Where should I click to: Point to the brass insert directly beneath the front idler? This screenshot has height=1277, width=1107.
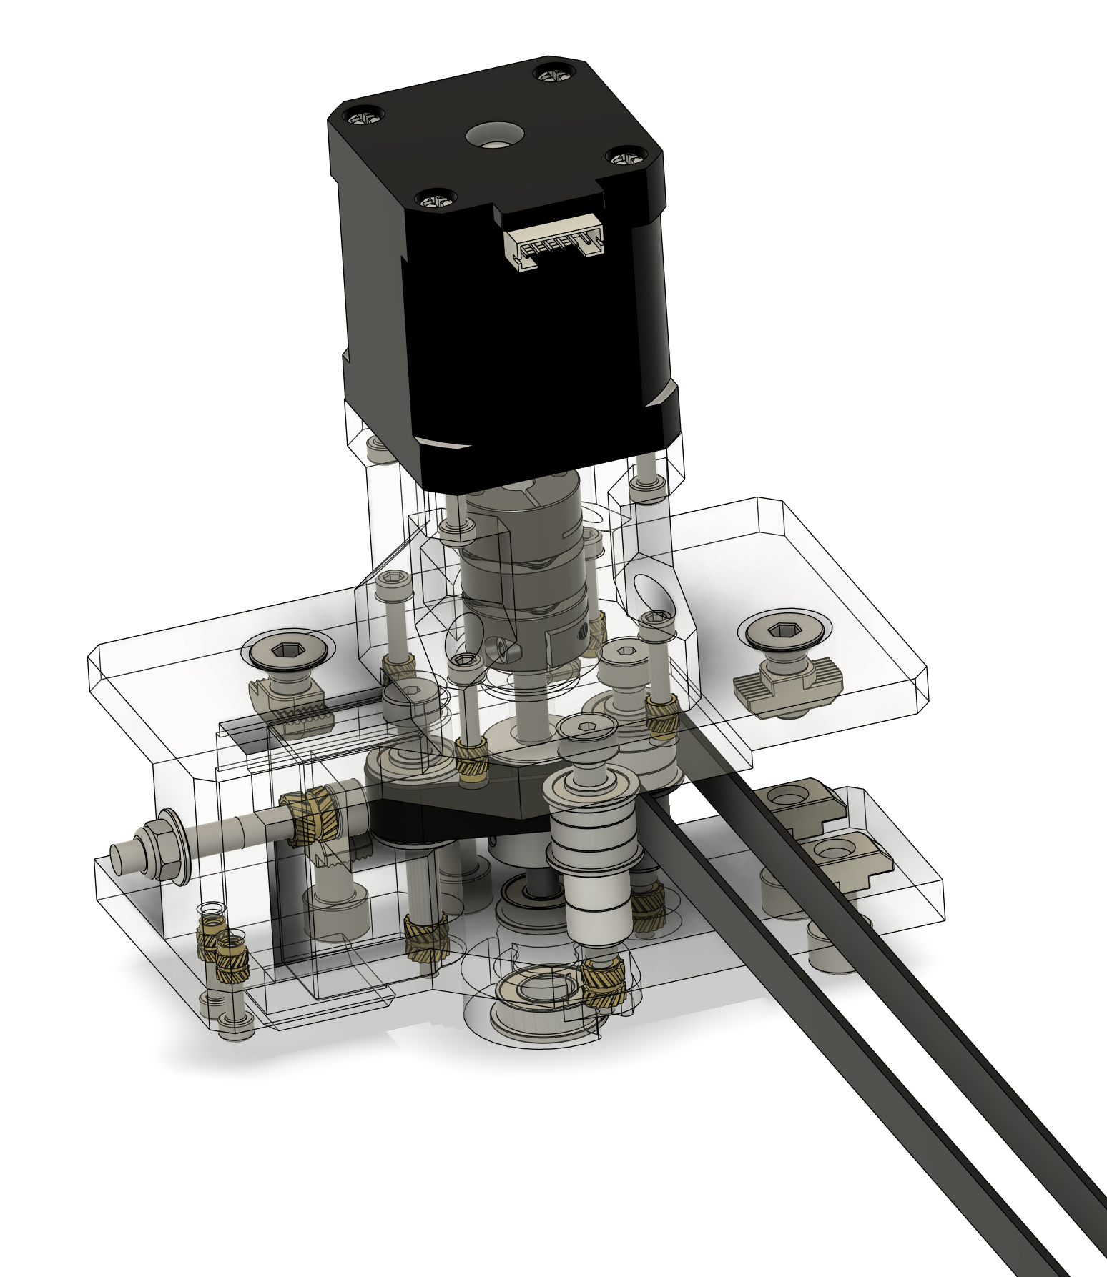[x=603, y=985]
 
